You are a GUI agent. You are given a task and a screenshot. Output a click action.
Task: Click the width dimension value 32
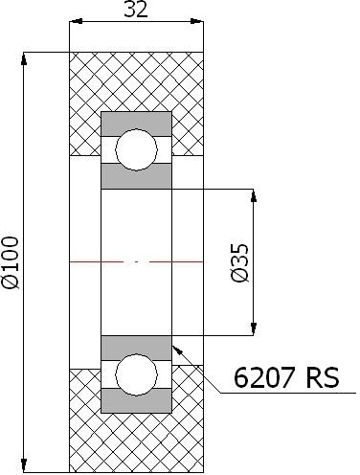pos(136,10)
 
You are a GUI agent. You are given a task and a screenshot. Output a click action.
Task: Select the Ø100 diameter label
pos(11,262)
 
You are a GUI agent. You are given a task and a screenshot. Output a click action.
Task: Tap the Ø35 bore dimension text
pos(239,263)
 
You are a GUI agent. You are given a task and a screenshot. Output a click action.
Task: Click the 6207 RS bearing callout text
pos(286,378)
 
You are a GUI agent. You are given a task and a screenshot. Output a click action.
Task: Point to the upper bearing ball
pos(137,149)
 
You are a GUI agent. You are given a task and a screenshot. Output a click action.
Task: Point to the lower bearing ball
pos(137,374)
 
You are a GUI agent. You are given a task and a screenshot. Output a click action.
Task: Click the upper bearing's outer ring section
pos(137,124)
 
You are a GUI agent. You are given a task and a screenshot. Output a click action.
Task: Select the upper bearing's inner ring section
pos(137,176)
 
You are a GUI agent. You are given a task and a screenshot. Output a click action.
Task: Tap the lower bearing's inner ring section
pos(137,348)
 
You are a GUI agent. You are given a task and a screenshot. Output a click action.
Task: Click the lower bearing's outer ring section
pos(137,401)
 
